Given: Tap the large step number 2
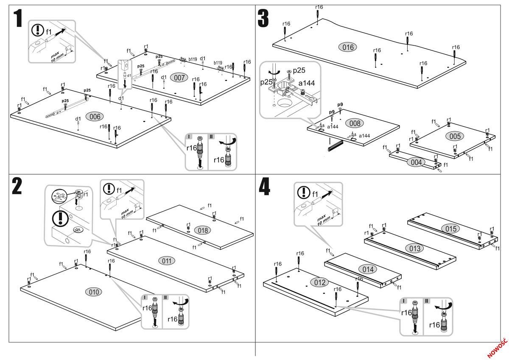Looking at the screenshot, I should (x=17, y=187).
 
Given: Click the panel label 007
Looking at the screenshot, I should (x=179, y=78).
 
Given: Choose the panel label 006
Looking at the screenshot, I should (x=95, y=117).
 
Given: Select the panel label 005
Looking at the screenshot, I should (x=455, y=136).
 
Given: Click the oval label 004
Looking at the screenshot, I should (x=416, y=162).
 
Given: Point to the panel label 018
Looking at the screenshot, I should (x=202, y=230).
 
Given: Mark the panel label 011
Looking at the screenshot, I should (x=166, y=260).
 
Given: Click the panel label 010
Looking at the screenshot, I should (x=94, y=292).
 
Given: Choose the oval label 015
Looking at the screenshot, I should (x=450, y=229).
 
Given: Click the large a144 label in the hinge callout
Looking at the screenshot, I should (x=306, y=83).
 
